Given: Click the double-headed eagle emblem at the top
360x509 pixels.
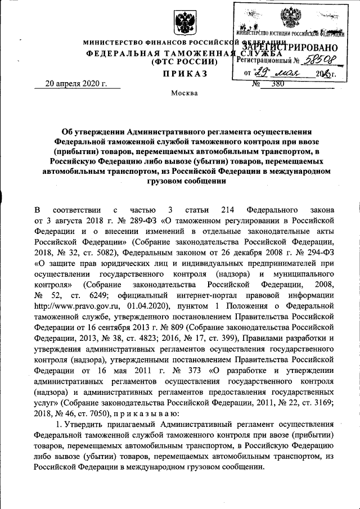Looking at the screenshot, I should click(x=183, y=24).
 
